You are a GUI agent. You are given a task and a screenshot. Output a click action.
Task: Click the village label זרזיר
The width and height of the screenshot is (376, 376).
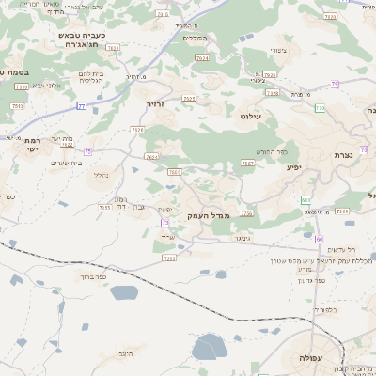pos(154,105)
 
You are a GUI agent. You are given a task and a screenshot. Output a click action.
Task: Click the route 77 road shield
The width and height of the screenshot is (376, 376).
pos(82,106)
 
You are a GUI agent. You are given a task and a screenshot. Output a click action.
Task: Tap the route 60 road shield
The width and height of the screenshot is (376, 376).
pos(320,240)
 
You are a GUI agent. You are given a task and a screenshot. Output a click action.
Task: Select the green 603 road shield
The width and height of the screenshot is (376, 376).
pos(305,200)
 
